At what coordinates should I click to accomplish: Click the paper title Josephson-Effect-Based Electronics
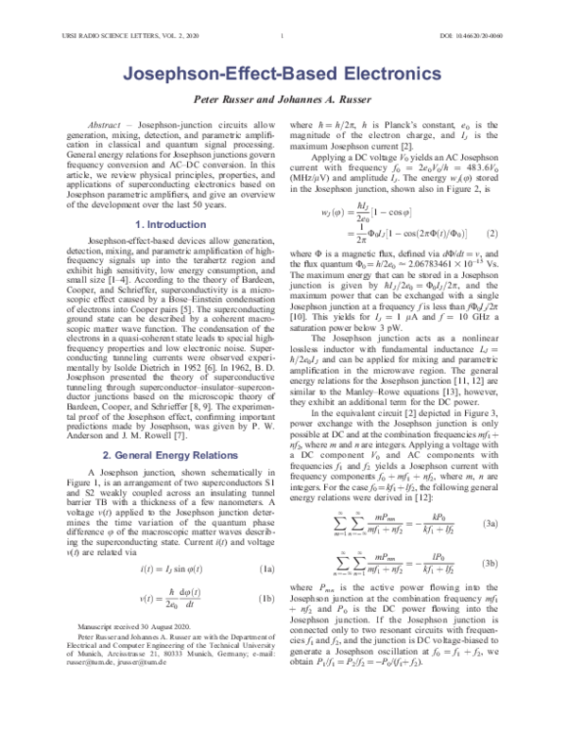pos(283,72)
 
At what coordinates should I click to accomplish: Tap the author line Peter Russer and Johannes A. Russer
pos(283,99)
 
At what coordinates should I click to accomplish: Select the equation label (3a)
pos(517,523)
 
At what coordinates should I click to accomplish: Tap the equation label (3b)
pos(517,563)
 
